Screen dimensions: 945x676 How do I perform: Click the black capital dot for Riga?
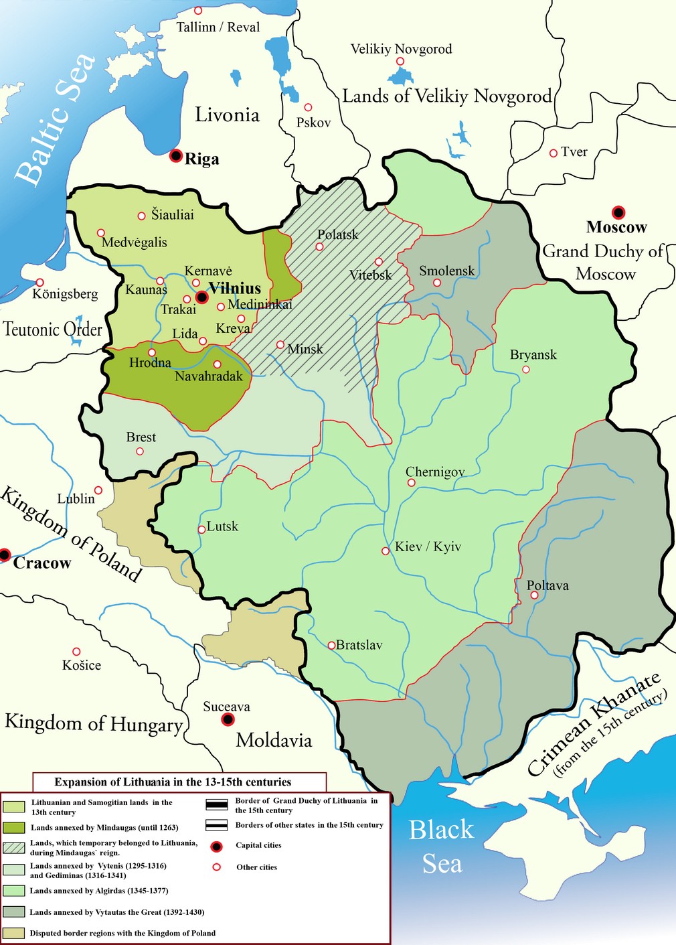coord(175,156)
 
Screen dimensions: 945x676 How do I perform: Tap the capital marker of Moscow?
coord(618,212)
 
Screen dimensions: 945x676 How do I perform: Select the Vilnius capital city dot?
coord(201,297)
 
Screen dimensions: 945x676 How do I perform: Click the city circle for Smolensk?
coord(437,283)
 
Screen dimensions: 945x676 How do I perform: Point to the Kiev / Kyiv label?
coord(428,547)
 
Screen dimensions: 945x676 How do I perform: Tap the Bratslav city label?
coord(359,645)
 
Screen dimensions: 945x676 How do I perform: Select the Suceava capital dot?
coord(228,719)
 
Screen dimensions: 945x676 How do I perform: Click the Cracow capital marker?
coord(5,555)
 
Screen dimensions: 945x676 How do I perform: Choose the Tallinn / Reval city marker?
coord(198,11)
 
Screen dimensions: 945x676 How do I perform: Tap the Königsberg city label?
coord(66,294)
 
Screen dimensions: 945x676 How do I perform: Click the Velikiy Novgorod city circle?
coord(400,61)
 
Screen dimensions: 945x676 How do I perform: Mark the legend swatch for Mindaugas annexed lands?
coord(14,828)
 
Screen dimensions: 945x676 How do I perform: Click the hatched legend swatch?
coord(14,847)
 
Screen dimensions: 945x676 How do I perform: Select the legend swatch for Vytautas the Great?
coord(14,912)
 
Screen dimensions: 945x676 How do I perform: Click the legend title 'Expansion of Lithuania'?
coord(173,782)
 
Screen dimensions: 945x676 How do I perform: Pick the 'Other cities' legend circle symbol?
coord(216,867)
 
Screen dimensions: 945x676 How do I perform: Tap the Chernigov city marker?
coord(412,483)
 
